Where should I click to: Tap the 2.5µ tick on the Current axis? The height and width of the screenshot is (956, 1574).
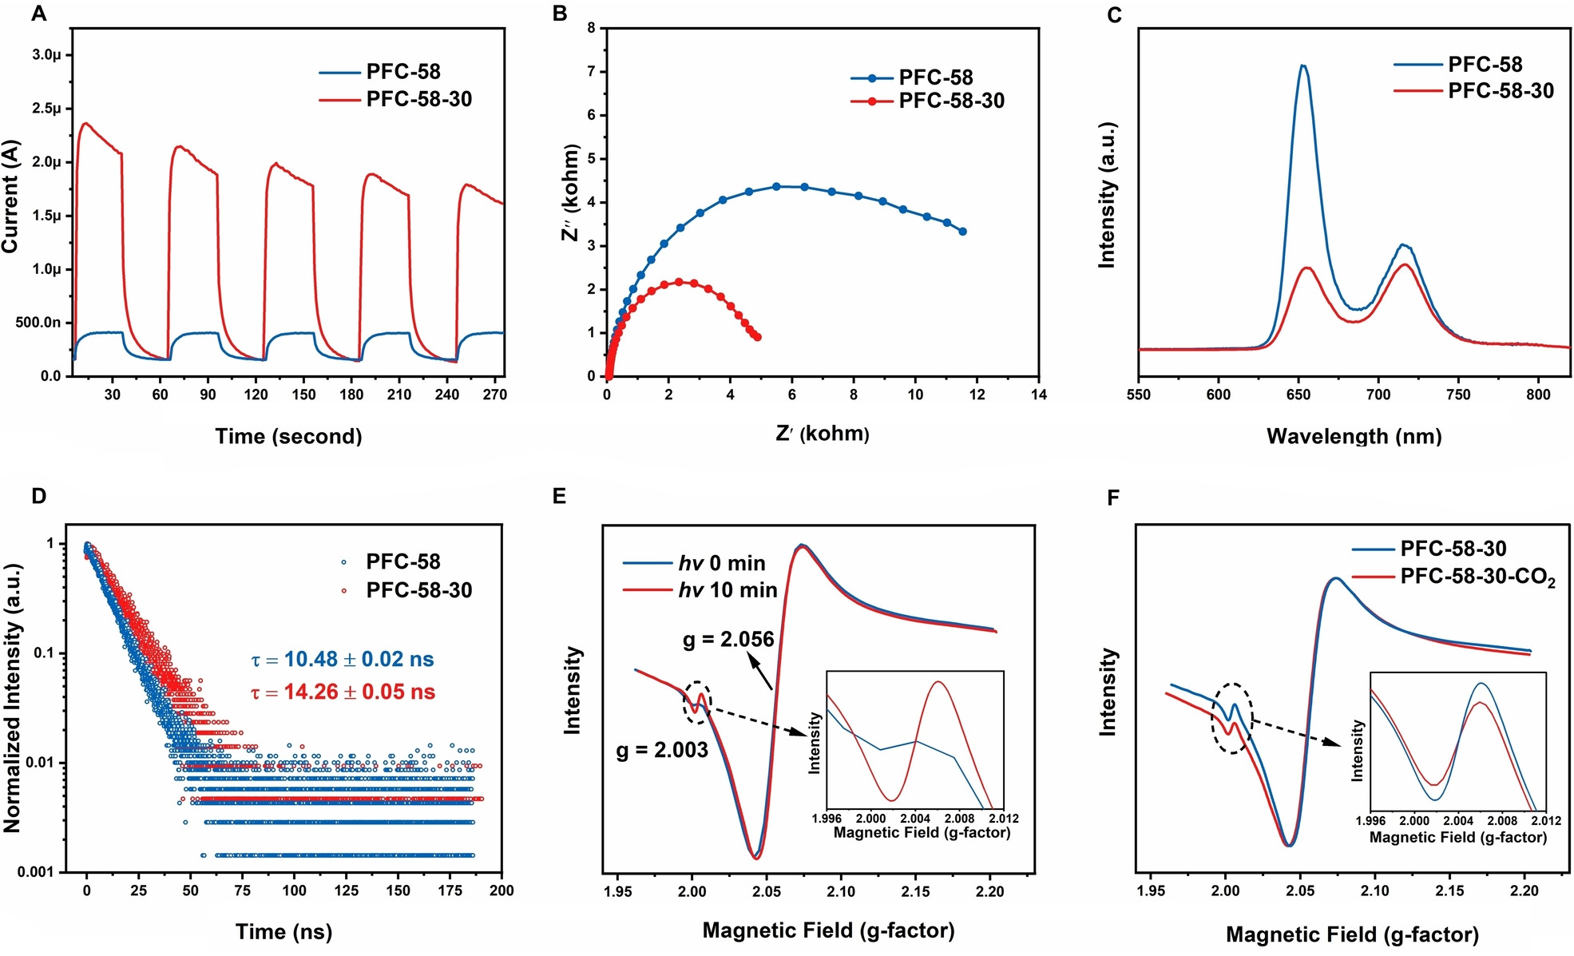46,109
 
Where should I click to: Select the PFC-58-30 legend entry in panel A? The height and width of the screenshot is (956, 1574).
418,99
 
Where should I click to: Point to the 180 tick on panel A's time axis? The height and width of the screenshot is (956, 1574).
351,394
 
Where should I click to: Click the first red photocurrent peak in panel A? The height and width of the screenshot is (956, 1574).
85,124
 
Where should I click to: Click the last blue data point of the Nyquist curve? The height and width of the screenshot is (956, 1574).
962,232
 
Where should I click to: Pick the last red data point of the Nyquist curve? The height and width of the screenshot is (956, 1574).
757,337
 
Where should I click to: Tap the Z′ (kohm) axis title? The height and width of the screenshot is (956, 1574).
822,434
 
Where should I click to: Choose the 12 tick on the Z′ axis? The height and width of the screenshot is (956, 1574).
977,394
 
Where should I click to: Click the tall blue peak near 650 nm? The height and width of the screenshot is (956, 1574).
1303,66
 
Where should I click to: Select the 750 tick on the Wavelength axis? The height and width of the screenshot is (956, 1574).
1458,394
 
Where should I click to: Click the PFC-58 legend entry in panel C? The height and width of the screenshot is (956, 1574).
1485,64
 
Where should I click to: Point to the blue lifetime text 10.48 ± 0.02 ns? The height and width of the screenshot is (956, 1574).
343,660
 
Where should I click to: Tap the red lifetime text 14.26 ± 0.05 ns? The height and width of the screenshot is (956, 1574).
343,692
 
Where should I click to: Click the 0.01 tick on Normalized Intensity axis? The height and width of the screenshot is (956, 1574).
40,763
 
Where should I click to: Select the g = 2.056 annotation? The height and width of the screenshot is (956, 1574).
728,640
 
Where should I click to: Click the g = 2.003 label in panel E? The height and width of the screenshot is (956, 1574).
662,750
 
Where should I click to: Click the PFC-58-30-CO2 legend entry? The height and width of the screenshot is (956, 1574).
1477,577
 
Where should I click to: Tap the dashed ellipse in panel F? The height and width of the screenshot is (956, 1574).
1232,718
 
